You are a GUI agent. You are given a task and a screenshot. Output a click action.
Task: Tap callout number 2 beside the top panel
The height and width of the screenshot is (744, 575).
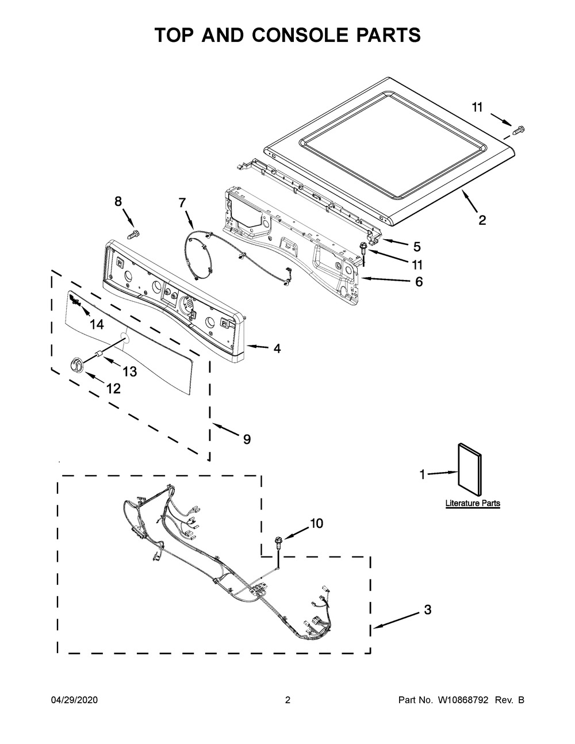coord(482,220)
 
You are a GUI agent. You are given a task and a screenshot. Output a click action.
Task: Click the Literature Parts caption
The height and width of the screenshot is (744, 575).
coord(473,503)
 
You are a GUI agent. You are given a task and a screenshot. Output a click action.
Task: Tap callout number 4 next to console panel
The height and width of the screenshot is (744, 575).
coord(277,348)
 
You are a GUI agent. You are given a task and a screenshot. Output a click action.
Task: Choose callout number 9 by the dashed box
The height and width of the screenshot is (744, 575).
coord(246,439)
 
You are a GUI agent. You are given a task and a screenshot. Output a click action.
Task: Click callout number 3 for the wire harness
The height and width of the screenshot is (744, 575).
coord(427,610)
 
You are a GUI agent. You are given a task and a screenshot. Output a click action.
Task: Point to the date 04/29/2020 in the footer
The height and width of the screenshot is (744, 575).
coord(75,700)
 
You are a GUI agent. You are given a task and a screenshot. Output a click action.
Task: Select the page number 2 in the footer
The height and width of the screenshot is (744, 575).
coord(287,700)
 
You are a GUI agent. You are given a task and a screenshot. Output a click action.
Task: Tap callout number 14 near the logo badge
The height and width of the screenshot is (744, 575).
coord(97,325)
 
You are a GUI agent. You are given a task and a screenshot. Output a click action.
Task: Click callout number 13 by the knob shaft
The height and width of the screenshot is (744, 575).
coord(129,372)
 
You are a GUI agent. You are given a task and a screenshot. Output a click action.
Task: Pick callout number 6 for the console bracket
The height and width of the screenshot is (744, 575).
coord(419,282)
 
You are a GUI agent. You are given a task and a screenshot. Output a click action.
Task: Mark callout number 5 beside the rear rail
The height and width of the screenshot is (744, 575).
coord(417,247)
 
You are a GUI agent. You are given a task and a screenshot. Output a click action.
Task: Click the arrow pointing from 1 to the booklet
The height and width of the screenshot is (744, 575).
coord(441,473)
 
